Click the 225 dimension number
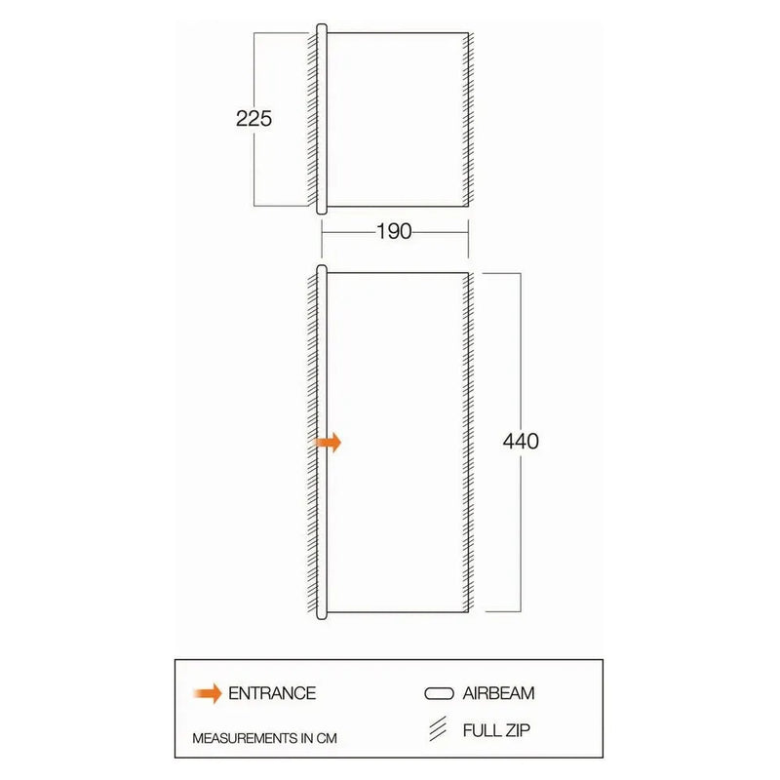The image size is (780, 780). pos(253,119)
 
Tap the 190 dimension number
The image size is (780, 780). pos(394,232)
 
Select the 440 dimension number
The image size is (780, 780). pos(521,442)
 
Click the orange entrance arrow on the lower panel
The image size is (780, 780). pos(328,442)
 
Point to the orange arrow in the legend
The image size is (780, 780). pos(208,693)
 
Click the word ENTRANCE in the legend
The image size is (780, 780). pos(272,693)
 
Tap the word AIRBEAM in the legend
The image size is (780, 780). pos(498,693)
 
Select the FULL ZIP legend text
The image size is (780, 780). pos(496,730)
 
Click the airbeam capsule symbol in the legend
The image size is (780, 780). pos(439,693)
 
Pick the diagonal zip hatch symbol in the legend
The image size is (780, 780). pos(438,728)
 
